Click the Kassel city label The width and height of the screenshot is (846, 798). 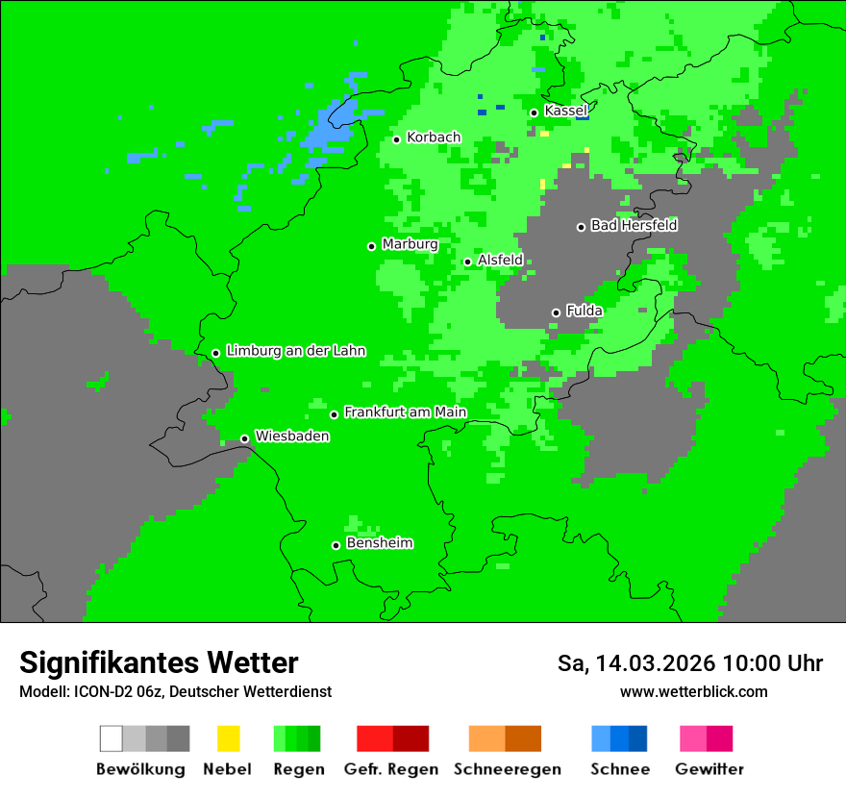coord(565,111)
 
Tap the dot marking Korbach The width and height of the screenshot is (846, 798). coord(396,139)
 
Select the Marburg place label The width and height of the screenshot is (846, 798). coord(410,244)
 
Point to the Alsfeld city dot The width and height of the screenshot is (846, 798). coord(467,262)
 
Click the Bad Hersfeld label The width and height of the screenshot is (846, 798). coord(634,225)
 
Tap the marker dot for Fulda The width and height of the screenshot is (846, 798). coord(556,312)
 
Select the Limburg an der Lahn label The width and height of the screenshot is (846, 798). coord(295,351)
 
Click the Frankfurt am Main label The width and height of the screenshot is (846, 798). coord(405,412)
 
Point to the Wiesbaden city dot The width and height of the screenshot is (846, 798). coord(244,438)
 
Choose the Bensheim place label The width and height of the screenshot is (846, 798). coord(379,543)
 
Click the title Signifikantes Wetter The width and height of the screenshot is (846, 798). coord(159,662)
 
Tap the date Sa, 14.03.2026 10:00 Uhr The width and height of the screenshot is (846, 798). coord(690,663)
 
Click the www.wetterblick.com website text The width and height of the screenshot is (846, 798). coord(693,691)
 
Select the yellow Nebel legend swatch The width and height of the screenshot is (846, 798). coord(228,738)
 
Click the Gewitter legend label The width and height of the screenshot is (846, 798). coord(709,769)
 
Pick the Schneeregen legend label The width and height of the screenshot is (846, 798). coord(507,769)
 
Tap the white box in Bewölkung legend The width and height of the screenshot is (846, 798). coord(112,738)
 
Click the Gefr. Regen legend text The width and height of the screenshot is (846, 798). coord(390,769)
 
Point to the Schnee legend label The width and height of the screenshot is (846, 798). coord(619,769)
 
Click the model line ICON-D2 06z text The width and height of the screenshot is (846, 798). coord(175,691)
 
